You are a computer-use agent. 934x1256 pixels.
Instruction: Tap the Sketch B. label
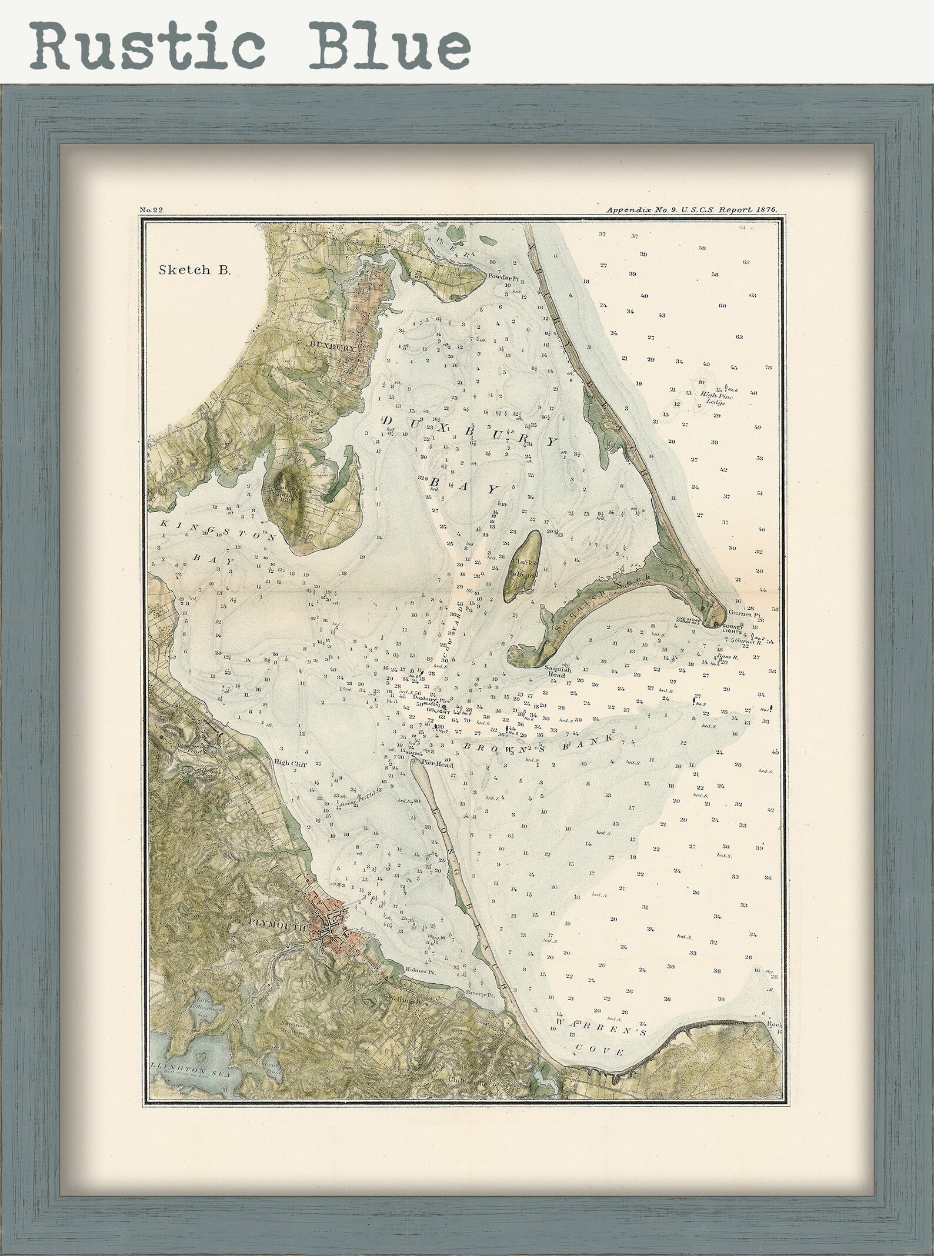195,270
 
